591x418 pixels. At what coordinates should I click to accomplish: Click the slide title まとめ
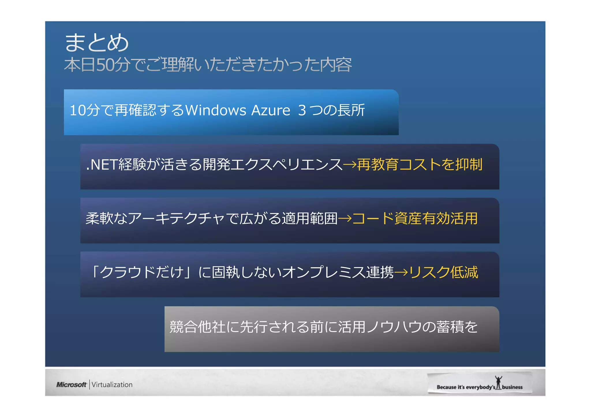(97, 42)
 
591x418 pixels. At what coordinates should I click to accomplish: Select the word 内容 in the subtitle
(336, 65)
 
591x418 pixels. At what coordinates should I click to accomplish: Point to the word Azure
(270, 110)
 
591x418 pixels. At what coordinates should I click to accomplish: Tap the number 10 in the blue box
(78, 110)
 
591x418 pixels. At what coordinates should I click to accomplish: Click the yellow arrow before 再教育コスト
(350, 165)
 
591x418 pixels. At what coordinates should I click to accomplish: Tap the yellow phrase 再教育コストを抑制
(420, 165)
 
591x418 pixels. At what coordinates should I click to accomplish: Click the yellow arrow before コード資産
(345, 219)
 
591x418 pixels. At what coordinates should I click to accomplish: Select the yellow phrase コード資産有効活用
(415, 219)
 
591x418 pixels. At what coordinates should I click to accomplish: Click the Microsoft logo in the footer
(71, 385)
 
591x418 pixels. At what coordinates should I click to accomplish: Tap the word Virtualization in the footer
(112, 385)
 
